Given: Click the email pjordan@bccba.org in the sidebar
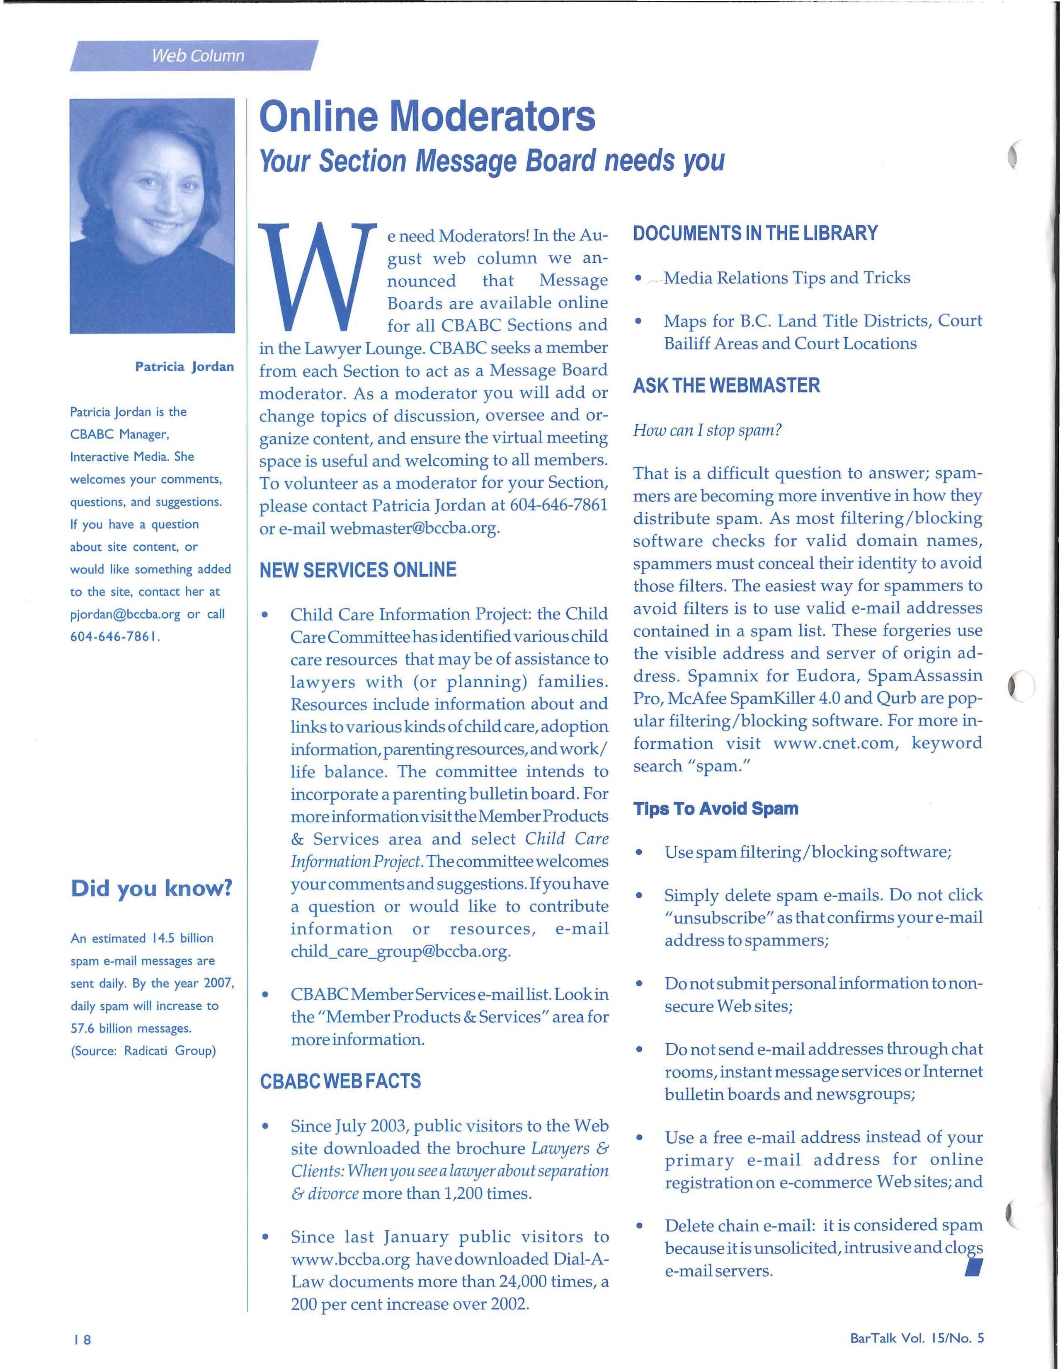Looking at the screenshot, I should (125, 614).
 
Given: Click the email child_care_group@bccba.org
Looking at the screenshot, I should (400, 951).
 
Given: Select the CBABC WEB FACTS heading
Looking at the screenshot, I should (340, 1081).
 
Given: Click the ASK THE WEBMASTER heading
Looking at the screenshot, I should (726, 385).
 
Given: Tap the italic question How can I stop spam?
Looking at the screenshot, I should (707, 431).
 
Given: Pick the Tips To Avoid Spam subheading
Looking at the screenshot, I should (716, 809).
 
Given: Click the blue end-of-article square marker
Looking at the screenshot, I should (973, 1268).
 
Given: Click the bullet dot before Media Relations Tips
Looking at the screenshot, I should (638, 278).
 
